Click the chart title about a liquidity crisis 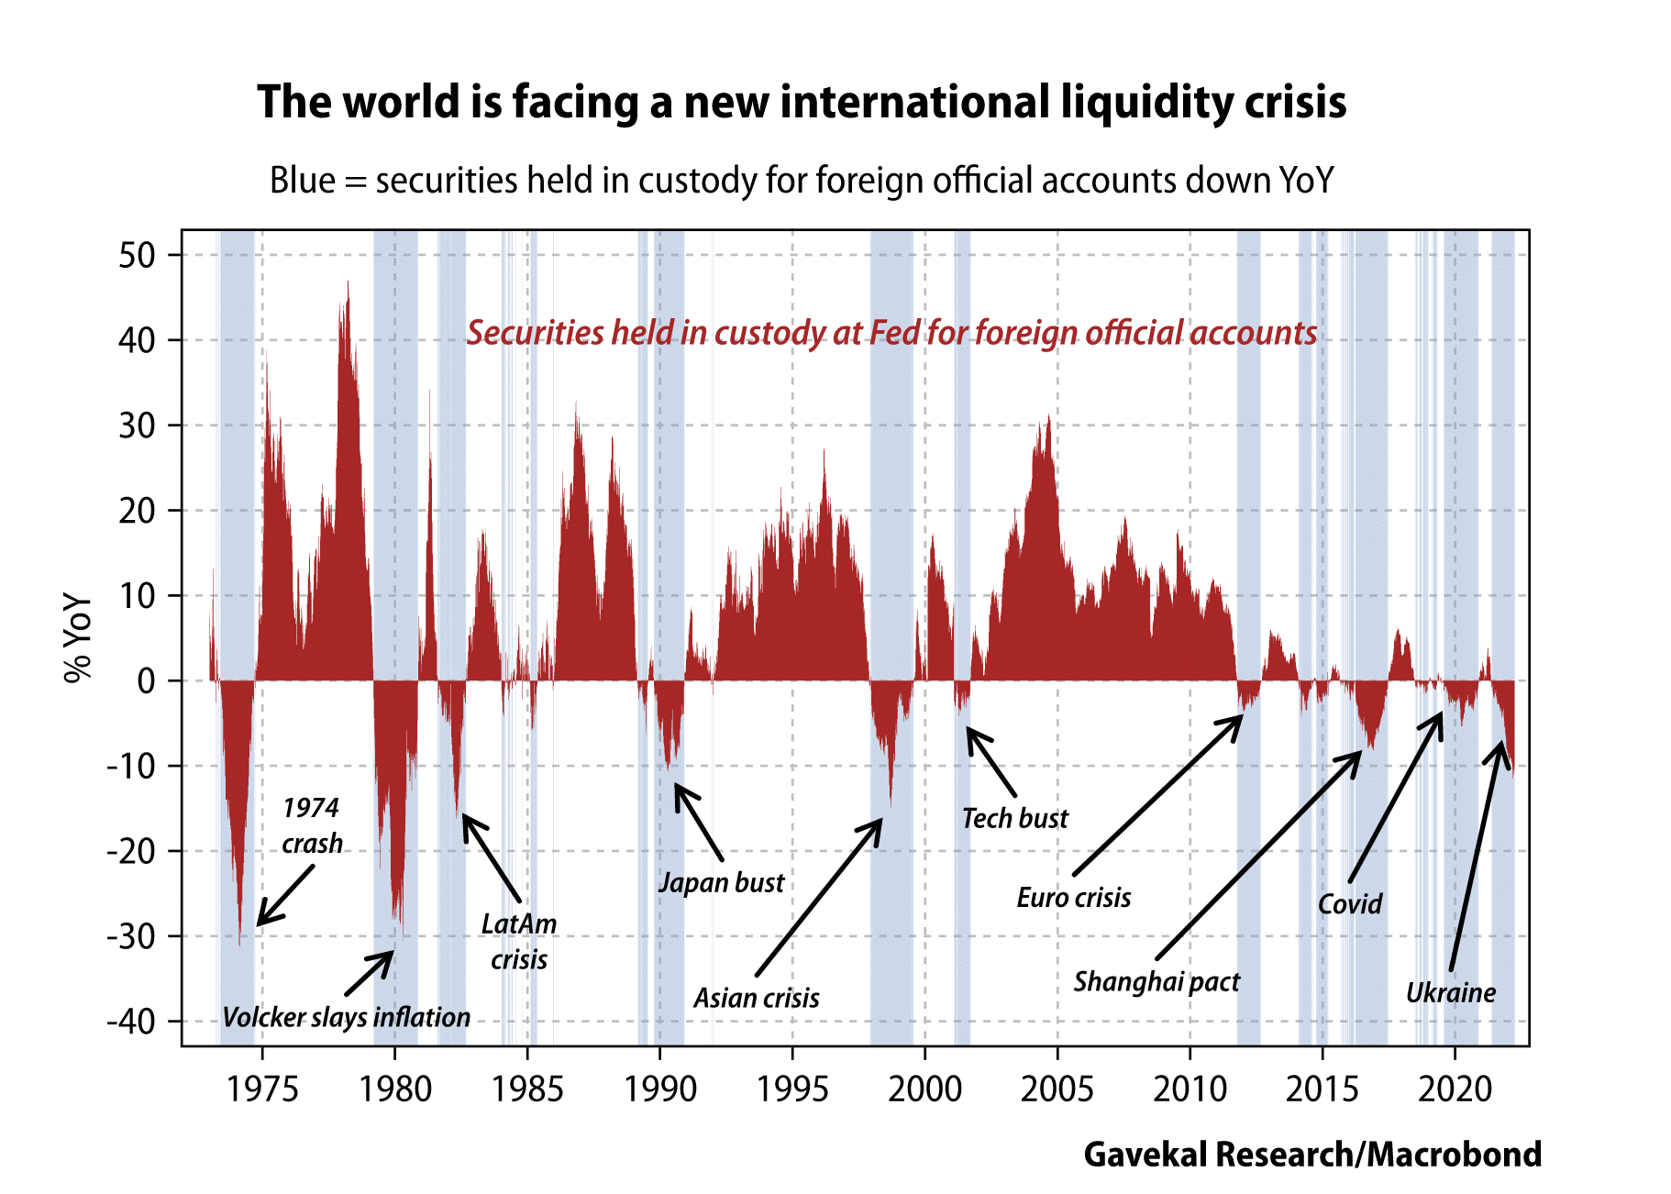pos(802,102)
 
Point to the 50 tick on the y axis pos(137,255)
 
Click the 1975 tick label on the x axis pos(262,1089)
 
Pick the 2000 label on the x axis pos(924,1089)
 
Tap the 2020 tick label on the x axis pos(1455,1089)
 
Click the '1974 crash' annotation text pos(312,825)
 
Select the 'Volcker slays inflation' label pos(346,1017)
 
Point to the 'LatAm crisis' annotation pos(519,941)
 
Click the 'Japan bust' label pos(722,883)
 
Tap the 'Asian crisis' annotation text pos(757,998)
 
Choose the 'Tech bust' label pos(1015,818)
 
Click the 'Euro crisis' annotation pos(1074,897)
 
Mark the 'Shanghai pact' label pos(1156,982)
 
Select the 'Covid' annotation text pos(1350,904)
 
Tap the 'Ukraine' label pos(1451,993)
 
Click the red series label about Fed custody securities pos(891,333)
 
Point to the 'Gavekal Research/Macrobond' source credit pos(1312,1155)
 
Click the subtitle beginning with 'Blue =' pos(802,181)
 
